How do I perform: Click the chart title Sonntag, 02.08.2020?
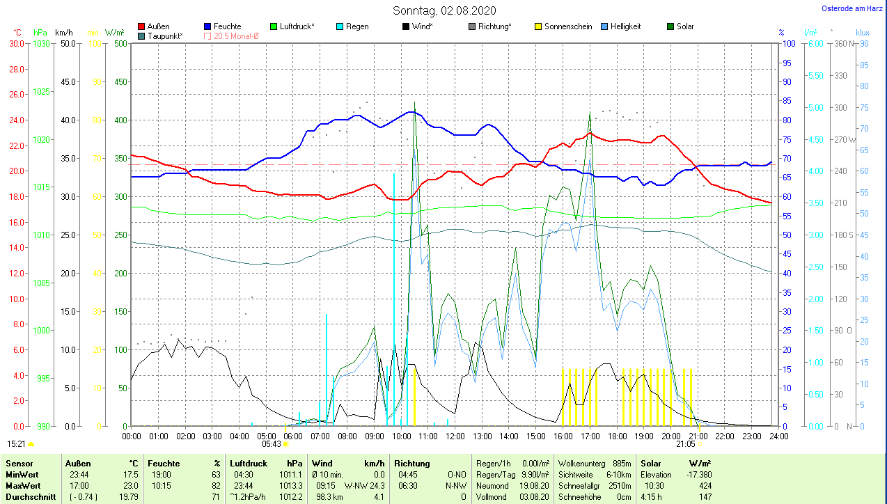[444, 10]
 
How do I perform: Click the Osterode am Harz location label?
[853, 8]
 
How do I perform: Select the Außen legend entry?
[158, 26]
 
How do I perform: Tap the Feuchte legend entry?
[227, 26]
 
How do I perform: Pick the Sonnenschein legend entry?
[567, 26]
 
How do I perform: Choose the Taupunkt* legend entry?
[165, 36]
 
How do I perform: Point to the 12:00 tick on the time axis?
[455, 436]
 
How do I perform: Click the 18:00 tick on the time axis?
[617, 436]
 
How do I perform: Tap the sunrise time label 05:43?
[272, 443]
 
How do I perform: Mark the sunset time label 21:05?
[686, 443]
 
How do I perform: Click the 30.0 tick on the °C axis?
[16, 43]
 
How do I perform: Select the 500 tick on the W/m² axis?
[120, 43]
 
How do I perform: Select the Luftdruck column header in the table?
[249, 463]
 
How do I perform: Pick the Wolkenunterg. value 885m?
[622, 463]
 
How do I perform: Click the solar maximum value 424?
[705, 485]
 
